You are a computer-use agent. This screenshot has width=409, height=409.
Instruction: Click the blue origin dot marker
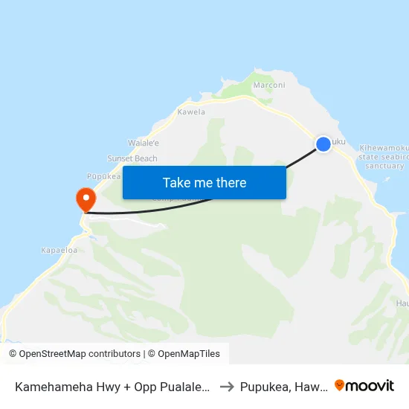tap(323, 144)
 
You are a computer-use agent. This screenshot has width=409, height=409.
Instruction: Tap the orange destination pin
tap(86, 199)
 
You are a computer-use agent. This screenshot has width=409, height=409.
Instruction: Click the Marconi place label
tap(269, 86)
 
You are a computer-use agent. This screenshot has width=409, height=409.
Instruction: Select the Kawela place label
tap(191, 112)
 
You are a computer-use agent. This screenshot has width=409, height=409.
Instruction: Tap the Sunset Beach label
tap(132, 158)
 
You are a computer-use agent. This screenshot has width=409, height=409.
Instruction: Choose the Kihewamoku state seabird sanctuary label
tap(382, 156)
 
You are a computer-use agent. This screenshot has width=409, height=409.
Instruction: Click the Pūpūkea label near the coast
tap(104, 176)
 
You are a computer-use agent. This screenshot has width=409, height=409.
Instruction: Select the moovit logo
tap(364, 385)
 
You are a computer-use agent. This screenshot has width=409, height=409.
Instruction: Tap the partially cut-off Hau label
tap(402, 303)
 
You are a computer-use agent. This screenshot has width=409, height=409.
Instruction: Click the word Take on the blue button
tap(177, 183)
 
